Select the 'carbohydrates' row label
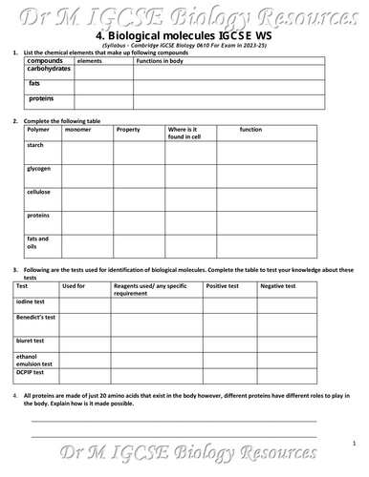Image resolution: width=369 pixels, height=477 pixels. (x=52, y=70)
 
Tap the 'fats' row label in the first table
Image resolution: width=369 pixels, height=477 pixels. (x=34, y=83)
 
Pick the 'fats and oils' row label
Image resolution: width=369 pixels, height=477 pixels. (x=38, y=240)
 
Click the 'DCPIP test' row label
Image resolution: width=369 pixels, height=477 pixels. (x=33, y=372)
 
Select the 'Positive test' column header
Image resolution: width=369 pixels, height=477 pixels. (x=223, y=286)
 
